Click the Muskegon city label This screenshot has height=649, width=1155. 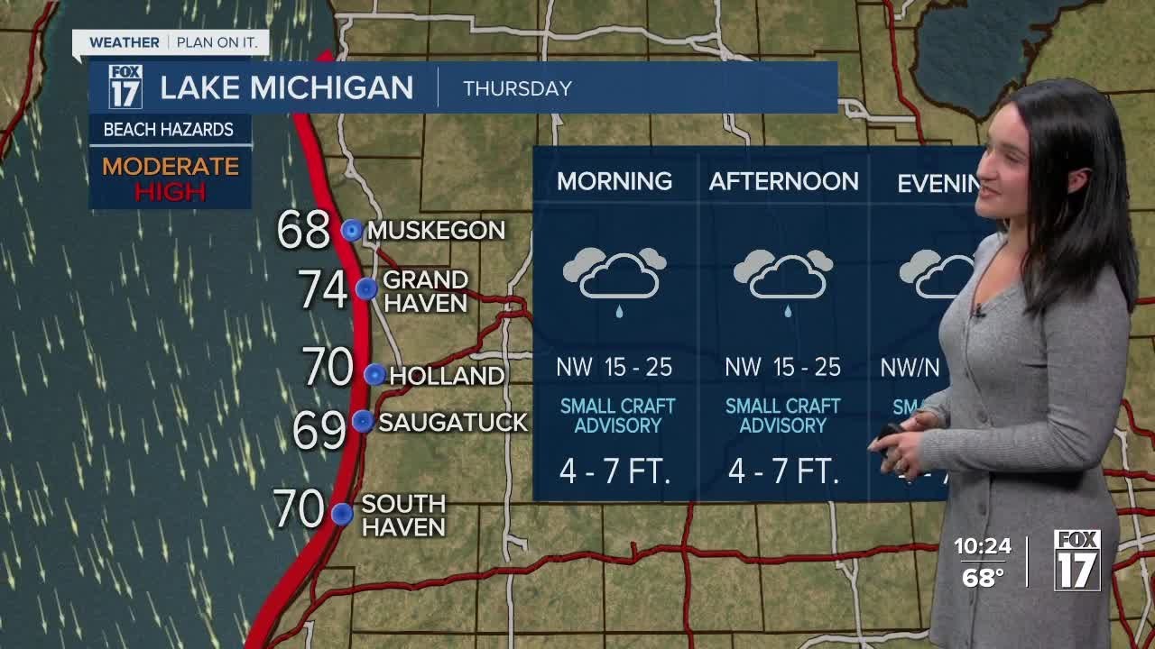pyautogui.click(x=436, y=231)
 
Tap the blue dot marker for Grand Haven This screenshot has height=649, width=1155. pyautogui.click(x=365, y=288)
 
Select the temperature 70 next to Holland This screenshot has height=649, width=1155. pyautogui.click(x=328, y=367)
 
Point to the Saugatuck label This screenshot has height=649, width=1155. pyautogui.click(x=452, y=422)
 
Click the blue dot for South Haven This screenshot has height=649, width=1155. pyautogui.click(x=341, y=514)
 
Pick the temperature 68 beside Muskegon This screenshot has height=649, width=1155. pyautogui.click(x=303, y=230)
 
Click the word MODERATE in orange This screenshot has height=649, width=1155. pyautogui.click(x=171, y=167)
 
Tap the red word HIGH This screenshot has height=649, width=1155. pyautogui.click(x=171, y=191)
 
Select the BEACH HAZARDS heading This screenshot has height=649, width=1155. pyautogui.click(x=169, y=130)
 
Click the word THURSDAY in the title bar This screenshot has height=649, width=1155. pyautogui.click(x=517, y=88)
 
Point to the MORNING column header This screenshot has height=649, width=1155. pyautogui.click(x=614, y=181)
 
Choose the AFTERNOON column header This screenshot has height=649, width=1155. pyautogui.click(x=783, y=181)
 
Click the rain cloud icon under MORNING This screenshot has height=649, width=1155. pyautogui.click(x=614, y=276)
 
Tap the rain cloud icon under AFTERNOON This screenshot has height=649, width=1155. pyautogui.click(x=783, y=276)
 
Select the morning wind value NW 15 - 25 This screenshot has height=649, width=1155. pyautogui.click(x=614, y=367)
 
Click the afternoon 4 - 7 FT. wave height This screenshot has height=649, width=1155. pyautogui.click(x=783, y=471)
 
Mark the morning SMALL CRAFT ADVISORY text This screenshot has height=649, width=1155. pyautogui.click(x=617, y=416)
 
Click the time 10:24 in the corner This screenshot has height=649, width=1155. pyautogui.click(x=983, y=546)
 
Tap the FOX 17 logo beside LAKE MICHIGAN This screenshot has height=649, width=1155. pyautogui.click(x=125, y=87)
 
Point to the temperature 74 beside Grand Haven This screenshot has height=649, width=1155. pyautogui.click(x=322, y=290)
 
